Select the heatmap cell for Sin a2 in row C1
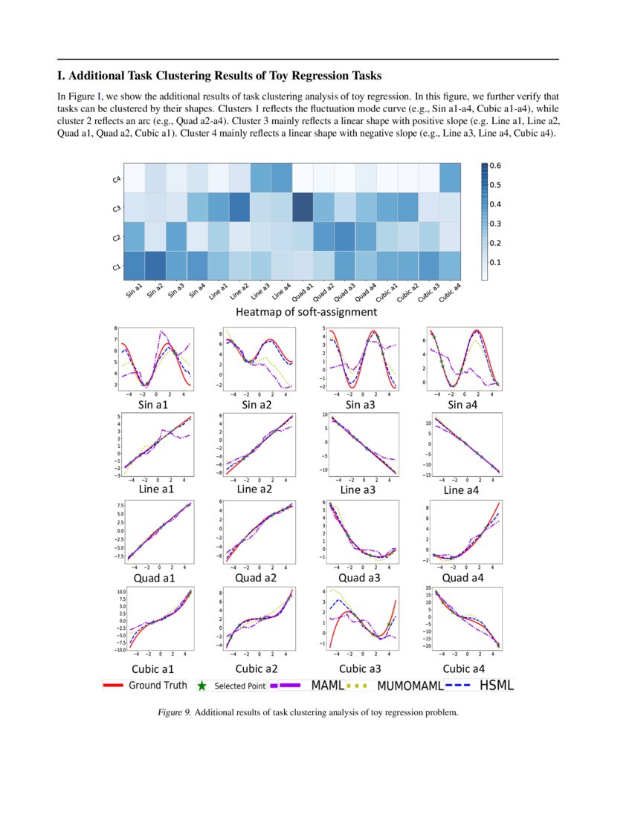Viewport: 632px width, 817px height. click(x=155, y=266)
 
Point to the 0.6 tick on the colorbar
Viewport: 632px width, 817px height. click(x=494, y=166)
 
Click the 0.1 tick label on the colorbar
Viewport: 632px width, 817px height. click(x=494, y=262)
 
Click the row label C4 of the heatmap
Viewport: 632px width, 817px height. click(x=116, y=179)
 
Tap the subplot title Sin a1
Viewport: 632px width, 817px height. click(x=153, y=405)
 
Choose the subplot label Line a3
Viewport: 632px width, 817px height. click(x=360, y=489)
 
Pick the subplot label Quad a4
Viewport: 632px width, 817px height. click(x=462, y=578)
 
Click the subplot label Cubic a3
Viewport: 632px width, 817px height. click(x=360, y=669)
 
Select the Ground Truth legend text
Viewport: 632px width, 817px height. click(x=158, y=686)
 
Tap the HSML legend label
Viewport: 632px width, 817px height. click(x=496, y=686)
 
